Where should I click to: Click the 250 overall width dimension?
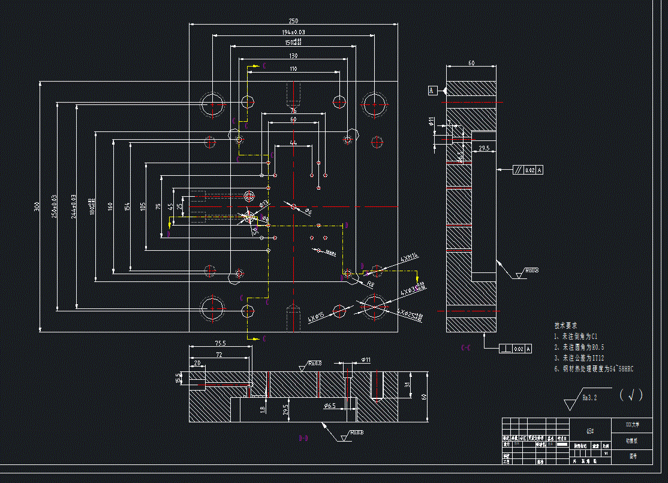(293, 20)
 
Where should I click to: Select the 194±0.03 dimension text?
(293, 32)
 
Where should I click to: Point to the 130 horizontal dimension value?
(293, 55)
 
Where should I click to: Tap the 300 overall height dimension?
(37, 207)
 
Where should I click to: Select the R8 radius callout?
(370, 284)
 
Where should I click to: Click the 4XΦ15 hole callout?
(315, 316)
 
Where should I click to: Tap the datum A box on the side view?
(432, 91)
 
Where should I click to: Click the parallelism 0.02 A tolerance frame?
(527, 170)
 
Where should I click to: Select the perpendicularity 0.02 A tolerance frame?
(515, 349)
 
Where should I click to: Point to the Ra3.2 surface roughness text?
(591, 397)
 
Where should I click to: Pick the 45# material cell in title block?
(590, 431)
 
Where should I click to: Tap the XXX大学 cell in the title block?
(632, 424)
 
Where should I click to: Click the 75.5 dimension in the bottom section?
(220, 343)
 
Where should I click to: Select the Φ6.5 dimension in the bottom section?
(329, 406)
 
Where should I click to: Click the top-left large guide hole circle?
(212, 104)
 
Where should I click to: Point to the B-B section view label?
(304, 439)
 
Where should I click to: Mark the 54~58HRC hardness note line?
(594, 369)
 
